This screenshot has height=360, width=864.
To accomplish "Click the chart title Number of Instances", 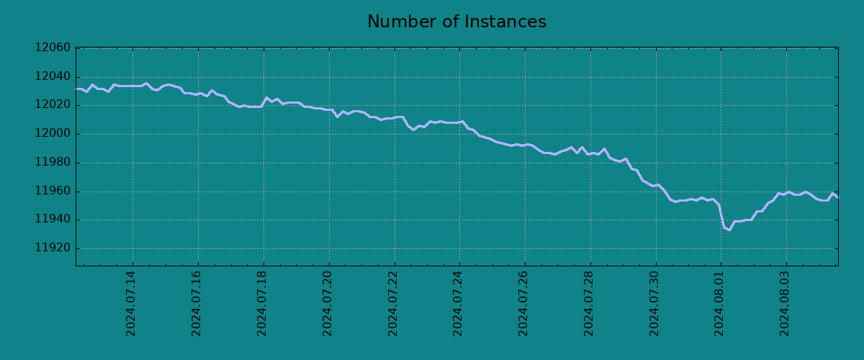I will coord(456,22).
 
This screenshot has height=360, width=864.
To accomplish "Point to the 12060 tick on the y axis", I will coord(53,48).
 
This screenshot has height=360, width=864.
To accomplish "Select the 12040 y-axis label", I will coord(53,77).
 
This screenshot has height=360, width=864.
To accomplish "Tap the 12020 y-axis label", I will coord(53,105).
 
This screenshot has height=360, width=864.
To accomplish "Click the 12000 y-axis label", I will coord(53,134).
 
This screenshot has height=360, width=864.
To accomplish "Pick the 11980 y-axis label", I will coord(53,163).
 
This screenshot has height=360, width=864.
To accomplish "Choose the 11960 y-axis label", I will coord(53,192).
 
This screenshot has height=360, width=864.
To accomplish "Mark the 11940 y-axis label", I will coord(53,220).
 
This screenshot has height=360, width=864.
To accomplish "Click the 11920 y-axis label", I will coord(53,248).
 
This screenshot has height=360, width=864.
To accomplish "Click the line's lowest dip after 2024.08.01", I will coord(729,230).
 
